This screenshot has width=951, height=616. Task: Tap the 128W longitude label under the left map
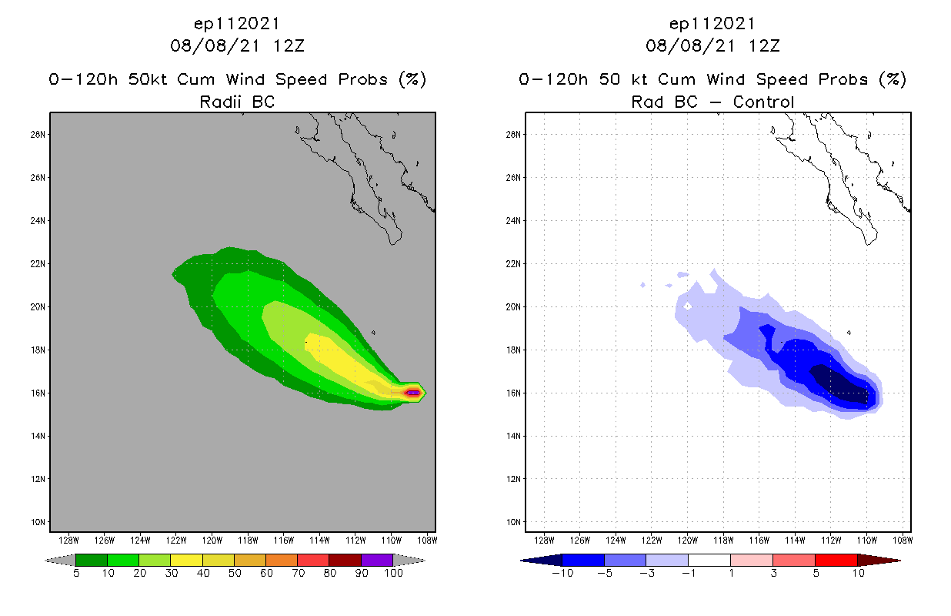pos(68,540)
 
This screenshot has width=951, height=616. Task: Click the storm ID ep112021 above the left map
pos(237,24)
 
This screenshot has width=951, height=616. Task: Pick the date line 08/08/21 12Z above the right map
pos(712,45)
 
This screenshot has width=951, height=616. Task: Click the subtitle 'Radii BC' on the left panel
pos(237,102)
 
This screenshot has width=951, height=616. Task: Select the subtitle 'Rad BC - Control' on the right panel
pos(712,102)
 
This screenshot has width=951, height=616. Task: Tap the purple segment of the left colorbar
pos(377,560)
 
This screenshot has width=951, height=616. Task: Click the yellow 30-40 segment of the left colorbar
pos(186,560)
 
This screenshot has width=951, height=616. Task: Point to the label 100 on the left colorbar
pos(393,573)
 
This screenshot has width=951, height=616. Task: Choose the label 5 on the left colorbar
pos(76,573)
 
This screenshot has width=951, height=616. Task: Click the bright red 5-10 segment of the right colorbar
pos(836,560)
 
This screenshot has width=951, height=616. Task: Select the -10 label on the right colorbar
pos(562,573)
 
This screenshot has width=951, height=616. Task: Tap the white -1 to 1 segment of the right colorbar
pos(709,560)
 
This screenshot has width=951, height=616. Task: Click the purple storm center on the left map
pos(414,393)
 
